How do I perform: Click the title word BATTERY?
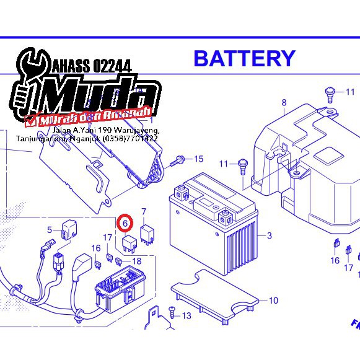tap(244, 58)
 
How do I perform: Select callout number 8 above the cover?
tap(284, 103)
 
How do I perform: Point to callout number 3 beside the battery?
tap(270, 235)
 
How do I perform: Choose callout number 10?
tap(273, 301)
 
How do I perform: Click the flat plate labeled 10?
tap(214, 296)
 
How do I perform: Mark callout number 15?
tap(198, 159)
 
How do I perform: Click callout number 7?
tap(144, 212)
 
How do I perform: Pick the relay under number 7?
tap(147, 232)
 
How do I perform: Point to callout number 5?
tap(50, 230)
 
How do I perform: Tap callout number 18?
tap(137, 261)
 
